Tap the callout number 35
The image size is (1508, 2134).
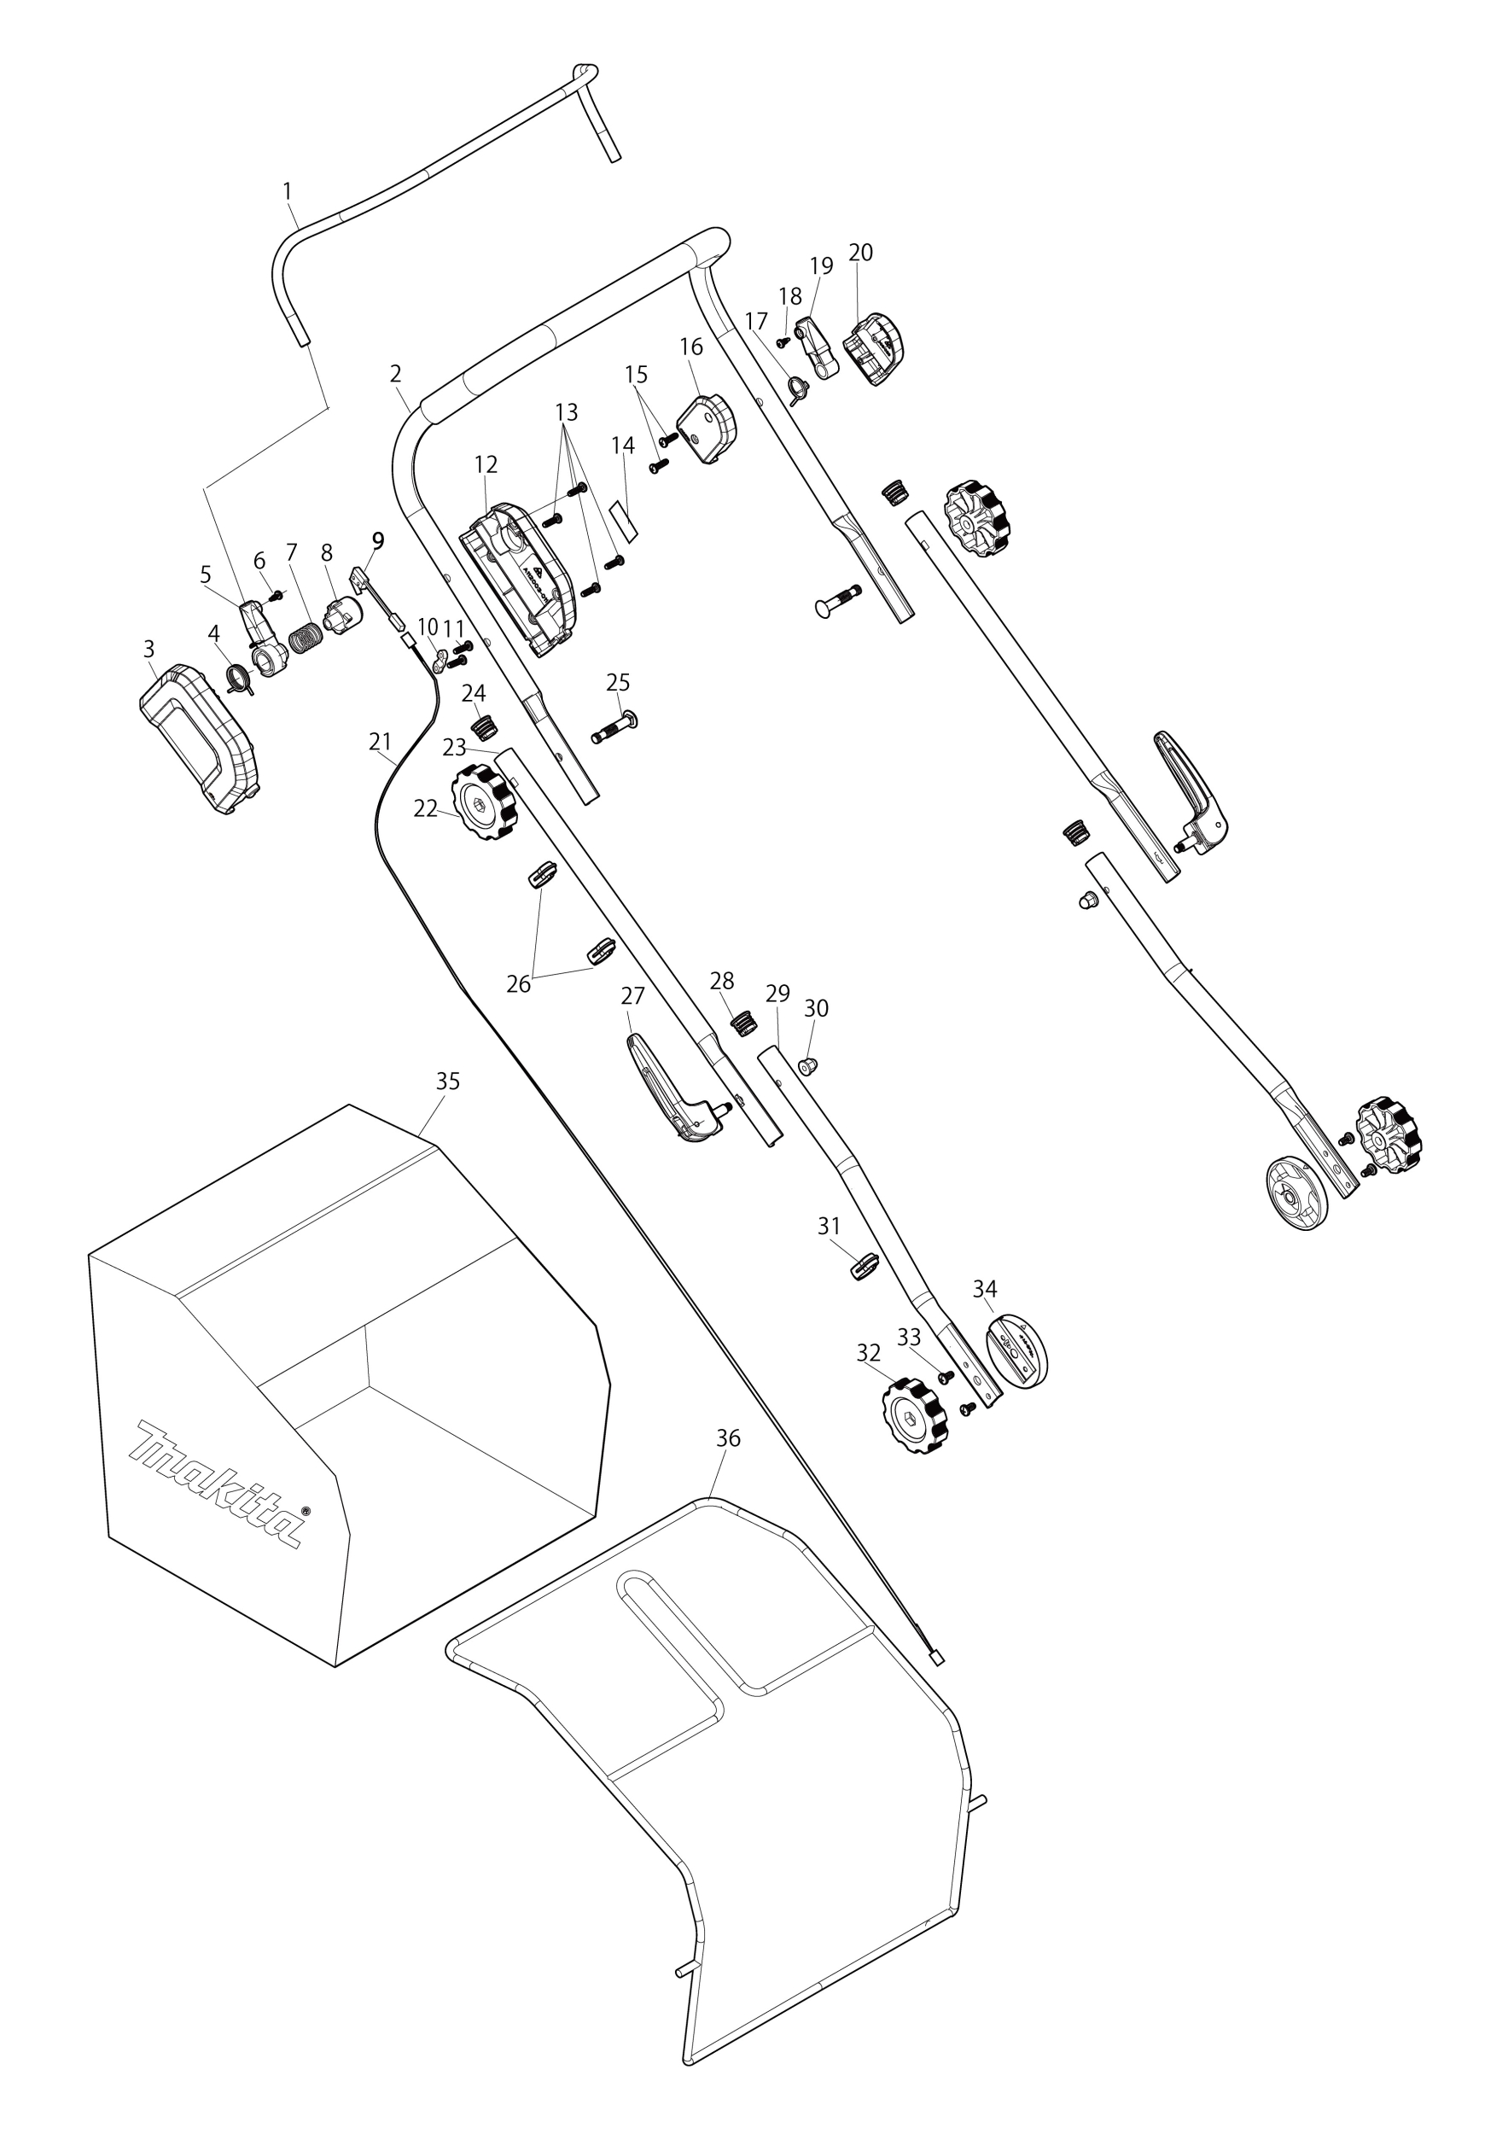[448, 1082]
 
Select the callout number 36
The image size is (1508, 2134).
[729, 1439]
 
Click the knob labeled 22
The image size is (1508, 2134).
[483, 803]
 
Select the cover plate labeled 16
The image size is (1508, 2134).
[709, 429]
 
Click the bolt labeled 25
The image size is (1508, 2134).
[614, 726]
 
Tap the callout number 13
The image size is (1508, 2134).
[566, 411]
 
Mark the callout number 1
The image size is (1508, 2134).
[287, 190]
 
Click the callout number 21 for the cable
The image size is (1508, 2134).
[380, 742]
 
